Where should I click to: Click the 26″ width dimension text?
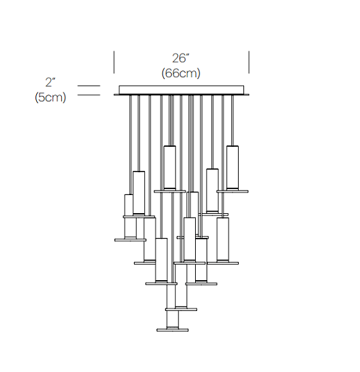181,58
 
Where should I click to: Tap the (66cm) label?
181,73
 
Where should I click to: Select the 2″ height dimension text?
50,82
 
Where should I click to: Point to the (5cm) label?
50,97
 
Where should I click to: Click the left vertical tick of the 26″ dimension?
114,62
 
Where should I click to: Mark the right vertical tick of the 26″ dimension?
249,62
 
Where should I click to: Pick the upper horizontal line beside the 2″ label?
89,86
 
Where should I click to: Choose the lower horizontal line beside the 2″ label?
89,95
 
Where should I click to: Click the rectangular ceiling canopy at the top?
181,90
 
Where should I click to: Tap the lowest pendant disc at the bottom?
172,330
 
